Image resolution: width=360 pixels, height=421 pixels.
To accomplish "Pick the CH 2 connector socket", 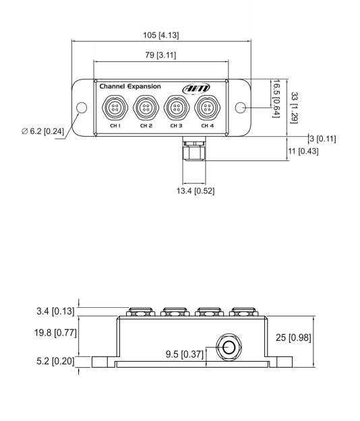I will tap(145, 108).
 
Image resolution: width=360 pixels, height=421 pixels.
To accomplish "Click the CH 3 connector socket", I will tap(176, 108).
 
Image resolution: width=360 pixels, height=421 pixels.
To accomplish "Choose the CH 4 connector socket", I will tap(206, 108).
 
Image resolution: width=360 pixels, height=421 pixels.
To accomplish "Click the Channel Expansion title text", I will tap(129, 87).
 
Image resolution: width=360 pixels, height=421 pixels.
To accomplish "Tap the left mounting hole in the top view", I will tap(82, 108).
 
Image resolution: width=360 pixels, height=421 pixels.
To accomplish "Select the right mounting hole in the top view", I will tap(239, 108).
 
